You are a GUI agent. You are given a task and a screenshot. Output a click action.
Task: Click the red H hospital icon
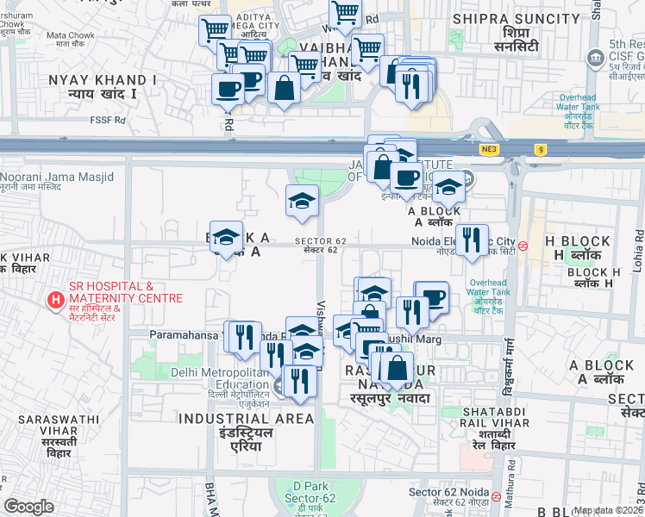click(x=56, y=300)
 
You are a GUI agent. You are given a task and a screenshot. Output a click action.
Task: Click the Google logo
click(x=28, y=507)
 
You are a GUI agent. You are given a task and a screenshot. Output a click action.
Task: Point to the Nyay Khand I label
click(x=103, y=85)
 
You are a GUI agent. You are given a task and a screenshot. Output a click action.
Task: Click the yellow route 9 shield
click(x=541, y=149)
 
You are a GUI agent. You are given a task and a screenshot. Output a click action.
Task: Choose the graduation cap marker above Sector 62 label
click(x=302, y=202)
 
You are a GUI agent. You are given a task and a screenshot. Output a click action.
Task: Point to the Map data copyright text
click(x=608, y=510)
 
